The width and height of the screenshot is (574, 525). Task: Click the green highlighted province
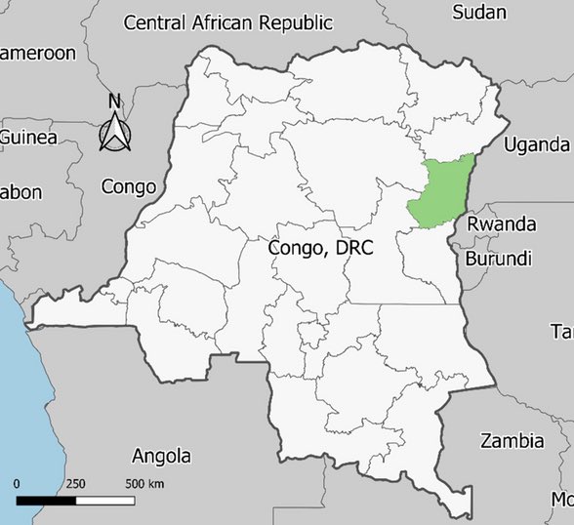tap(438, 194)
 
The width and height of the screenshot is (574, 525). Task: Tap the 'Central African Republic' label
tap(228, 21)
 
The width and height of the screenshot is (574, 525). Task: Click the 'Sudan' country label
tap(480, 12)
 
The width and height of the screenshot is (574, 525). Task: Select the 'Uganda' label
tap(536, 144)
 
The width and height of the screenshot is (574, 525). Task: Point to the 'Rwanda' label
tap(501, 224)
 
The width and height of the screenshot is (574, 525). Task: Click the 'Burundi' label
tap(498, 259)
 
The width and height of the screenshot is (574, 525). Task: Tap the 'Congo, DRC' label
tap(320, 248)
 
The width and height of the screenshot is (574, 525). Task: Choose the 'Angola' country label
tap(161, 456)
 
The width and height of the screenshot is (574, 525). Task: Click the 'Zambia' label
tap(512, 441)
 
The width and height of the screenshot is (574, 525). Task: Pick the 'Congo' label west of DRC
tap(129, 186)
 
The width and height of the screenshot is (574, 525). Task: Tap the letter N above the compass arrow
tap(114, 101)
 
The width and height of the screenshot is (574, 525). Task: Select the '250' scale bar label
tap(76, 484)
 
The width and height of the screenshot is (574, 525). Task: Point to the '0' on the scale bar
tap(18, 484)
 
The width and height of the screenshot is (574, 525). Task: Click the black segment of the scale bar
tap(47, 501)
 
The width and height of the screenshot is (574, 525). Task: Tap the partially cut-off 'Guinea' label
tap(28, 137)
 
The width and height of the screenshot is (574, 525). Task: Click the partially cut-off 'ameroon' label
tap(37, 53)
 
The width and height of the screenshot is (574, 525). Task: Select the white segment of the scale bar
tap(105, 501)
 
